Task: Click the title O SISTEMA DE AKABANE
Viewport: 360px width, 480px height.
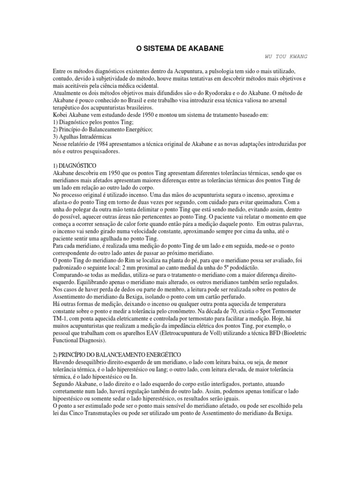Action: (x=180, y=48)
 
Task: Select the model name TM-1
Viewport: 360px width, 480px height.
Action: (x=60, y=318)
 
